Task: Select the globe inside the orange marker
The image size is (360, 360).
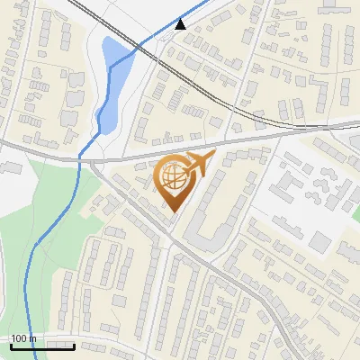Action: pos(173,178)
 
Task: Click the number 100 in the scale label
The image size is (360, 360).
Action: pos(19,338)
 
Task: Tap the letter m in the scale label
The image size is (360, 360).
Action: pos(32,338)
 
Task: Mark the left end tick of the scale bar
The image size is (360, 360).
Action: pos(11,345)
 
